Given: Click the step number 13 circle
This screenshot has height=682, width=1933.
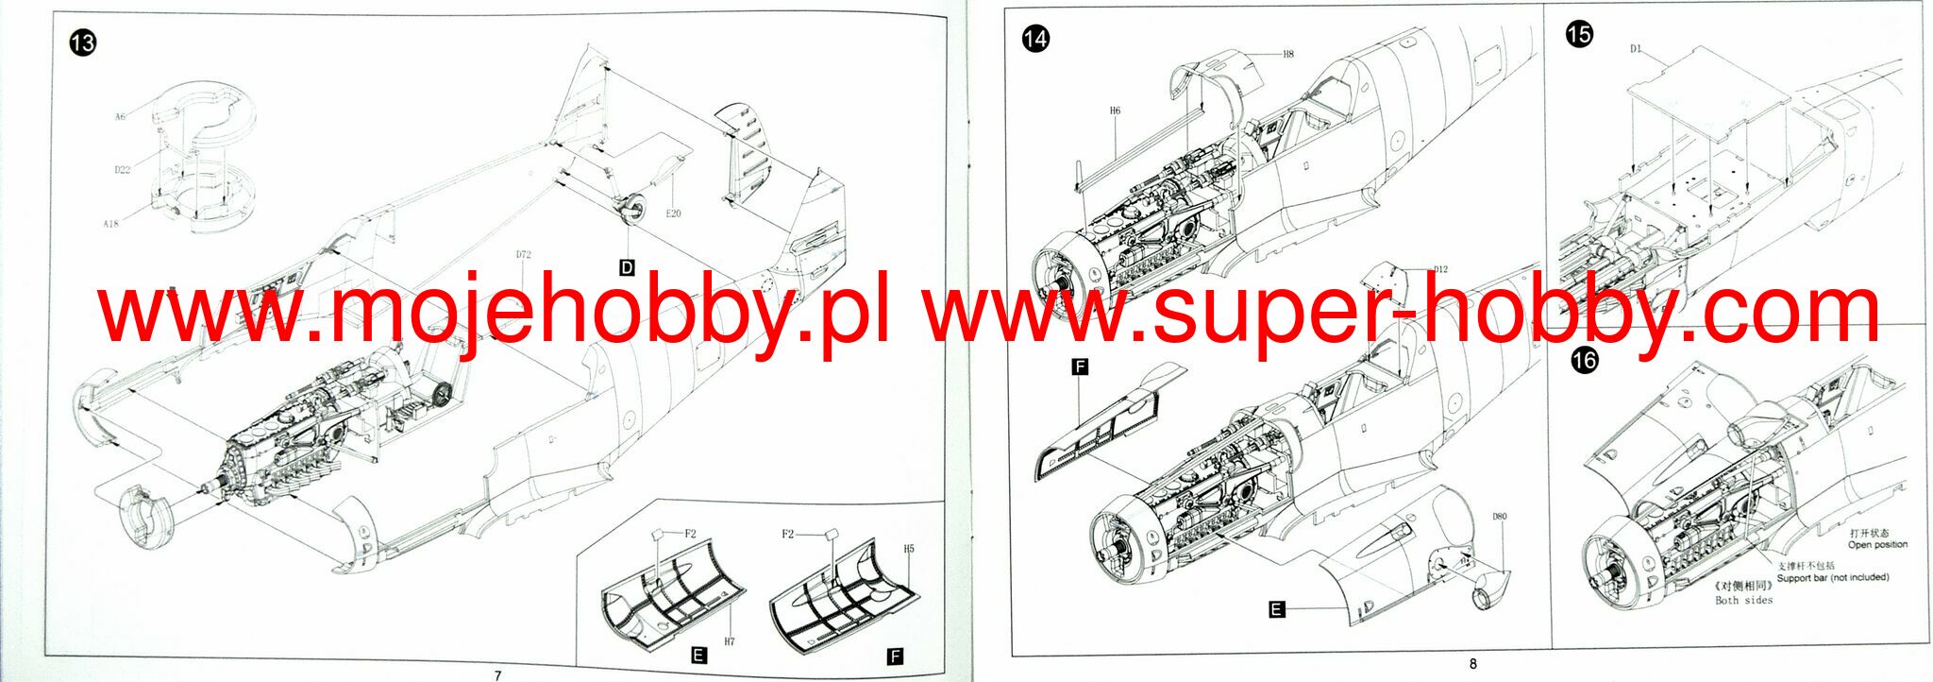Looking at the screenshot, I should pyautogui.click(x=83, y=43).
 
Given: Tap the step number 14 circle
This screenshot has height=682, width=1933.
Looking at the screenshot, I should pyautogui.click(x=1035, y=39).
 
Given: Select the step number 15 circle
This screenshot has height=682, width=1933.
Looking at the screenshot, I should pyautogui.click(x=1579, y=35).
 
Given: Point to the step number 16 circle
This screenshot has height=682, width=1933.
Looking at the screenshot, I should pyautogui.click(x=1585, y=360).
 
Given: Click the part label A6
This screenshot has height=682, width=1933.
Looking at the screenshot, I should pyautogui.click(x=120, y=117).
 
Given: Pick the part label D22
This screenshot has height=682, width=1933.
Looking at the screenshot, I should pyautogui.click(x=123, y=170).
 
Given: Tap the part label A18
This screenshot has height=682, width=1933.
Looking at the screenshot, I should pyautogui.click(x=111, y=224).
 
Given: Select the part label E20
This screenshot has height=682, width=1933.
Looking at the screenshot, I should pyautogui.click(x=673, y=213).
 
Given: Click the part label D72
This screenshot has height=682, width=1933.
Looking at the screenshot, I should pyautogui.click(x=524, y=255).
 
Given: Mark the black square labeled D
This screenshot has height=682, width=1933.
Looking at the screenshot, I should pyautogui.click(x=627, y=268).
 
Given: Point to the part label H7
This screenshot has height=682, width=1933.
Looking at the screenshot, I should pyautogui.click(x=729, y=641).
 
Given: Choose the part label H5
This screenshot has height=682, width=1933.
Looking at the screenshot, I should pyautogui.click(x=909, y=549).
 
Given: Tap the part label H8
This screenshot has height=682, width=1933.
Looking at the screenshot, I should pyautogui.click(x=1287, y=54).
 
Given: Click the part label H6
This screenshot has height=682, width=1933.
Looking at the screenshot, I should pyautogui.click(x=1115, y=111).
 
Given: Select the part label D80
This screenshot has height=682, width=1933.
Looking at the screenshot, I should pyautogui.click(x=1500, y=517).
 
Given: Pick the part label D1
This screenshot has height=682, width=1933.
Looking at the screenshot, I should pyautogui.click(x=1636, y=49).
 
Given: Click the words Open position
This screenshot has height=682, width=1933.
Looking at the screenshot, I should pyautogui.click(x=1877, y=545).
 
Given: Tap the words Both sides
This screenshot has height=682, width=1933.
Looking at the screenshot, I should pyautogui.click(x=1743, y=600).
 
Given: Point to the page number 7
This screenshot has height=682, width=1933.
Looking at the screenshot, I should pyautogui.click(x=497, y=675).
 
